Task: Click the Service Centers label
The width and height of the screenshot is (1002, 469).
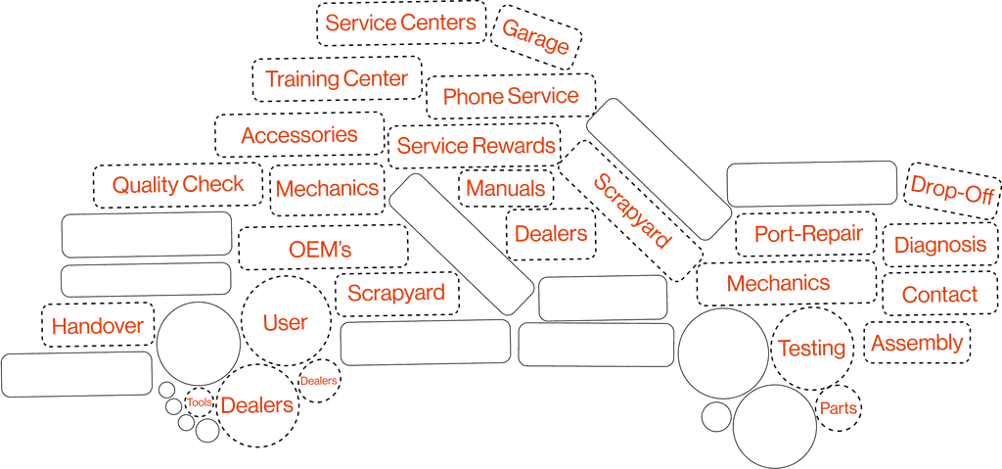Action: click(400, 23)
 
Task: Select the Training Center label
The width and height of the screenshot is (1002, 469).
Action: click(336, 80)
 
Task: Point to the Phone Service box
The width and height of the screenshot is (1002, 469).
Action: click(511, 96)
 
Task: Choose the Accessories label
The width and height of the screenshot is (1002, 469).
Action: click(299, 135)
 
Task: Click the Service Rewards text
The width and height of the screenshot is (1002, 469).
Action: click(477, 147)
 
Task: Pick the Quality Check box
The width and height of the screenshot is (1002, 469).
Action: click(177, 184)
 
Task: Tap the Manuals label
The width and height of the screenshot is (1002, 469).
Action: click(506, 188)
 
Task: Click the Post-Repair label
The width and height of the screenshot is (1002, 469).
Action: click(809, 234)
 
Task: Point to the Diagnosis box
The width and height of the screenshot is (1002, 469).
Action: click(940, 245)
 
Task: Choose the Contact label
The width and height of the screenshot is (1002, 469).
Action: click(939, 294)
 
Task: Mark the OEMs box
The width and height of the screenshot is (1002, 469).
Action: click(322, 248)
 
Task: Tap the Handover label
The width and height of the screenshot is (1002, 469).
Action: click(98, 326)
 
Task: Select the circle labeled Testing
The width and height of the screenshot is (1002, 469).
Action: click(810, 348)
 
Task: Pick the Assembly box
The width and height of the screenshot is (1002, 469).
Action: click(918, 344)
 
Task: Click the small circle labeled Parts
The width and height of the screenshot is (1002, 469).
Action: click(838, 406)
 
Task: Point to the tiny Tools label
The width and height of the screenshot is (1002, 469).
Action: click(200, 401)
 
